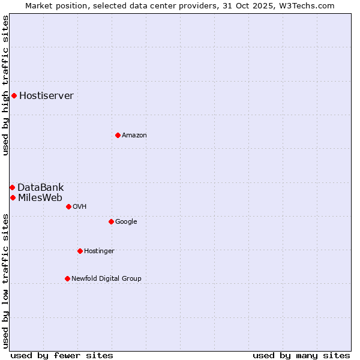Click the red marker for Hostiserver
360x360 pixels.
click(x=14, y=95)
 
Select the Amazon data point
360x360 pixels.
click(x=118, y=135)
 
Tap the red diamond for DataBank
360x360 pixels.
click(x=12, y=188)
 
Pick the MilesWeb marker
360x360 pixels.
click(x=13, y=197)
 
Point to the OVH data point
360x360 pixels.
click(x=68, y=206)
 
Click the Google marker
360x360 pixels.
click(x=111, y=221)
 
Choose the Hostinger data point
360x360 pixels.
click(x=80, y=251)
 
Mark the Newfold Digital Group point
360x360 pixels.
click(x=67, y=278)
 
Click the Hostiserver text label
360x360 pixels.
click(x=46, y=96)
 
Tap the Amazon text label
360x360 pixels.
click(x=134, y=136)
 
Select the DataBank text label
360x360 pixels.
click(x=40, y=188)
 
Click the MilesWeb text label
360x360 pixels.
click(x=40, y=198)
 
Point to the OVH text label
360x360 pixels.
click(x=80, y=207)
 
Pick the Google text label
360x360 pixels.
click(x=126, y=222)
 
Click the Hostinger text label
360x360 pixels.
click(x=99, y=251)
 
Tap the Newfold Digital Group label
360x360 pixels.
click(x=106, y=279)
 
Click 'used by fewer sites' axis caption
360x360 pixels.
click(x=62, y=355)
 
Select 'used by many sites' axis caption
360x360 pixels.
click(x=301, y=355)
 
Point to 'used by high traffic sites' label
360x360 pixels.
click(x=5, y=85)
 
